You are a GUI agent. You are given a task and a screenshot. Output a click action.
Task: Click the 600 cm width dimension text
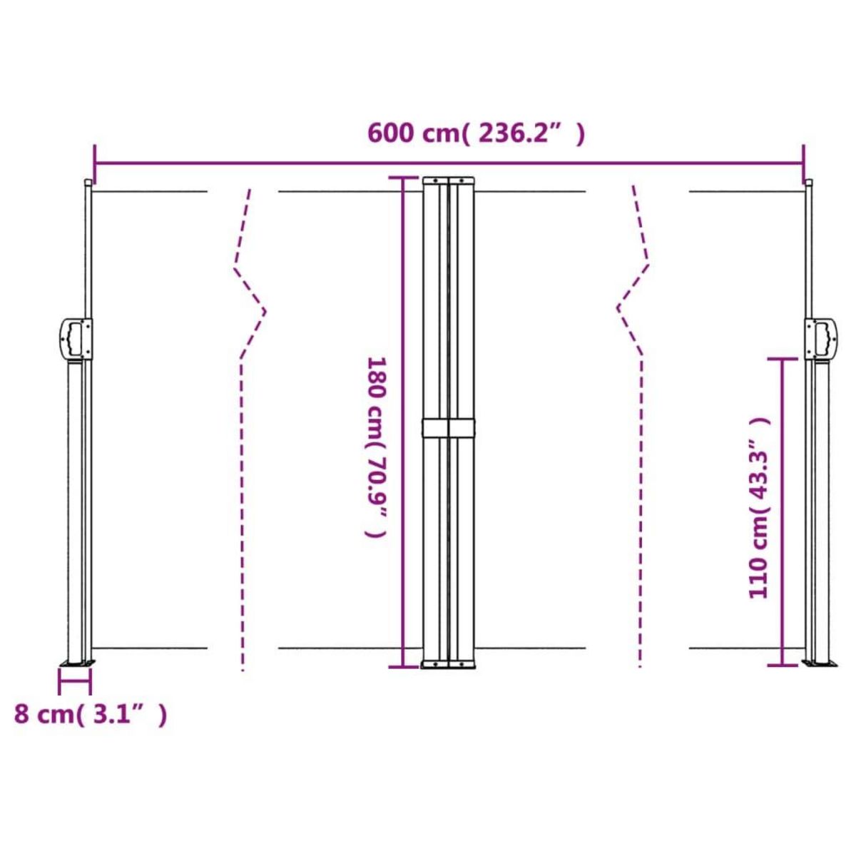click(476, 133)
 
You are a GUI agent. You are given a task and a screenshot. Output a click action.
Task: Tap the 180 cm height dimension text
click(377, 447)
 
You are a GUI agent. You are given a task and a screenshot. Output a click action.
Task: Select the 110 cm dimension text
click(760, 508)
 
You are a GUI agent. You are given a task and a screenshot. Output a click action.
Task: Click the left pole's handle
click(74, 340)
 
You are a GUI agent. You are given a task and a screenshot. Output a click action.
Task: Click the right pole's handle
click(821, 340)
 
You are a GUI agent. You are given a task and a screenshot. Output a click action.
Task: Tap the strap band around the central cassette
click(449, 428)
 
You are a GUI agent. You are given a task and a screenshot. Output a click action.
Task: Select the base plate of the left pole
click(76, 665)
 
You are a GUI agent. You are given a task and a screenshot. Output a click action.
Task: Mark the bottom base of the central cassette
click(449, 665)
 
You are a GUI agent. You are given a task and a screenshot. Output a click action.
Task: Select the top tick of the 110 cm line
click(783, 358)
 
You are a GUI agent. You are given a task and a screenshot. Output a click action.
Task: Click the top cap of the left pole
click(88, 183)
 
